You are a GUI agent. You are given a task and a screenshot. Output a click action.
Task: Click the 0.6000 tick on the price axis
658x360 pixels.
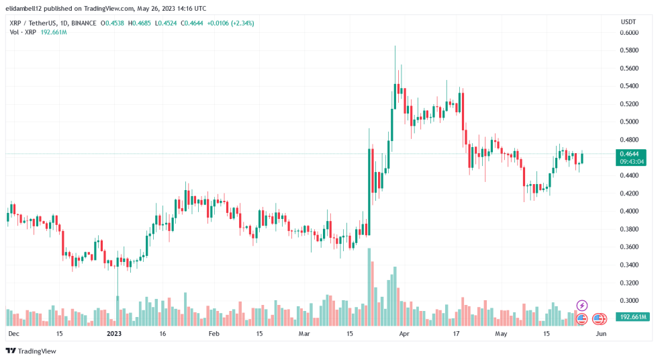[628, 32]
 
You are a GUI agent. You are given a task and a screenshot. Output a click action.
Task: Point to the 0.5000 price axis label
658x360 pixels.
[628, 122]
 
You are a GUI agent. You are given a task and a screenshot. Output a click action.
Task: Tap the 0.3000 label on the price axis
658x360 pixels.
[628, 301]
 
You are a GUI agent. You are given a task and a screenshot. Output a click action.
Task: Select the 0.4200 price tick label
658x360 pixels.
[628, 193]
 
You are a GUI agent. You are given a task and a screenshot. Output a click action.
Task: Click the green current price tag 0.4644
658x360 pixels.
[633, 154]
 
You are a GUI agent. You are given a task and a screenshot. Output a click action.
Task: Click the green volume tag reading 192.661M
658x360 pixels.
[633, 316]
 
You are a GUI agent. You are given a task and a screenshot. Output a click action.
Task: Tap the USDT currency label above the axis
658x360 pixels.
[628, 21]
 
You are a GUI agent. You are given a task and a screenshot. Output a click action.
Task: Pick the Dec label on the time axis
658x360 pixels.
[13, 333]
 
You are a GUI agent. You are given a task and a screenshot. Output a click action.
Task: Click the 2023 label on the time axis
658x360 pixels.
[115, 333]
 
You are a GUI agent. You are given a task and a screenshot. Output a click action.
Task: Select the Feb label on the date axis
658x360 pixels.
[214, 333]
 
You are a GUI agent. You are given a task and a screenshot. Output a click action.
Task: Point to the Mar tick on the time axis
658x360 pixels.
[304, 333]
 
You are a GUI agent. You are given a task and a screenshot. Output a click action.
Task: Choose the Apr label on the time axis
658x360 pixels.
[404, 333]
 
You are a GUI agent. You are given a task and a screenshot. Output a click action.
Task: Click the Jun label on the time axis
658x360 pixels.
[601, 333]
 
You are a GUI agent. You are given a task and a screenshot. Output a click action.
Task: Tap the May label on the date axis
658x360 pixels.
[501, 333]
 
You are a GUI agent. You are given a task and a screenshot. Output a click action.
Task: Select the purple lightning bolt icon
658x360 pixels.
[582, 306]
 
